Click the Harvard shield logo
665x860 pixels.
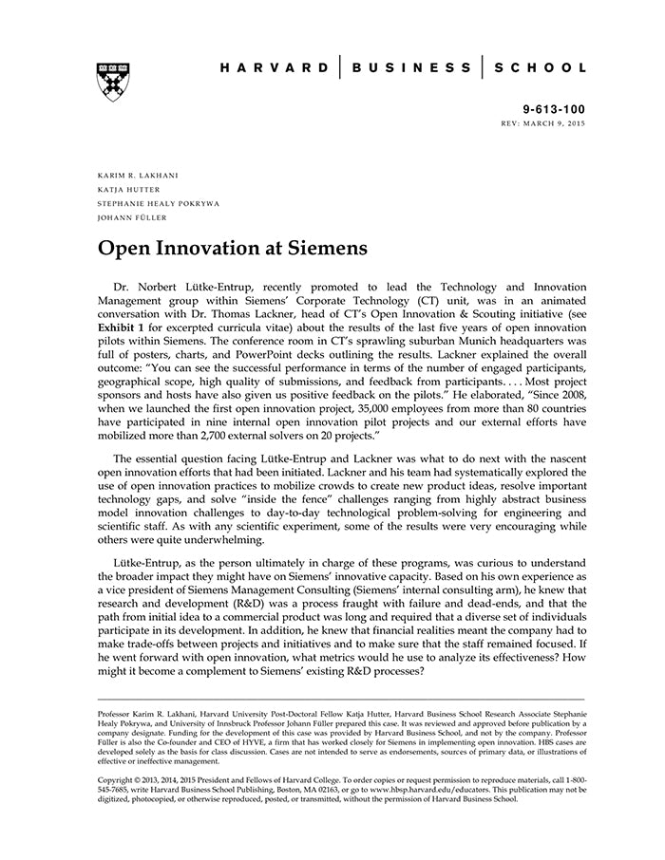113,83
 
